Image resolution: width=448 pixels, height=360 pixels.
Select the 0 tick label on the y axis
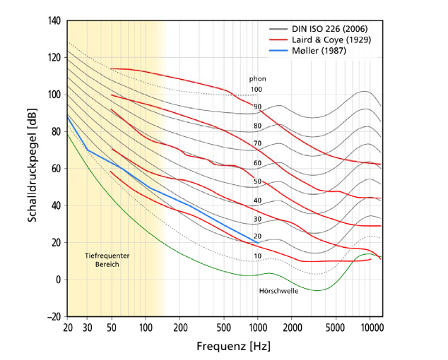tap(58, 280)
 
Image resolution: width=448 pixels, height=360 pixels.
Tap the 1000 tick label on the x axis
tap(257, 328)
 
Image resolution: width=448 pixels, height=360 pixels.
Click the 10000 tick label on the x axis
tap(370, 328)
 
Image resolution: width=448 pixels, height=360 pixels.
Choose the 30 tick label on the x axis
tap(87, 328)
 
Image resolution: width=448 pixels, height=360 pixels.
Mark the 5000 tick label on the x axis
tap(336, 328)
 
